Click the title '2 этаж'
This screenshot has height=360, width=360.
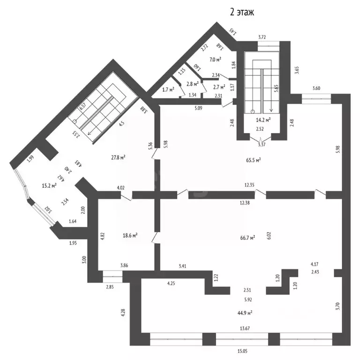(x=241, y=13)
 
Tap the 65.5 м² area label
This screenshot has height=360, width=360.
(x=253, y=160)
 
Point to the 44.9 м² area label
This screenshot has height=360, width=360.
(x=244, y=313)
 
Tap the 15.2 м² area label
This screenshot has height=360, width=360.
(x=49, y=185)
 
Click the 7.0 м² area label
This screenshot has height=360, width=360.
(x=216, y=60)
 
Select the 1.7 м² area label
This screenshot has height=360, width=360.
(x=168, y=90)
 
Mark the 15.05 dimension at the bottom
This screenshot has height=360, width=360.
(x=242, y=351)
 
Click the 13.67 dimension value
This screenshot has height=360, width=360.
(x=244, y=329)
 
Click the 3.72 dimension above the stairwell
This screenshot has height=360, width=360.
(x=265, y=37)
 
